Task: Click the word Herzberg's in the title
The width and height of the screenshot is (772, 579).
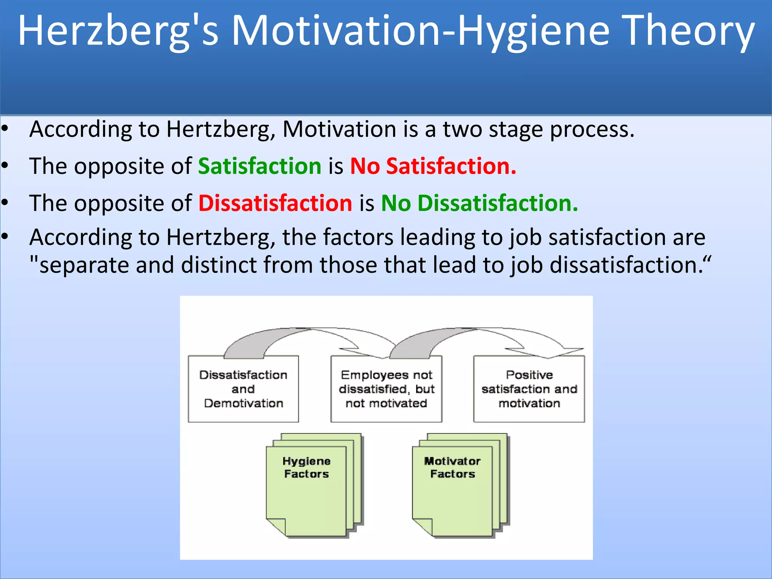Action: coord(118,31)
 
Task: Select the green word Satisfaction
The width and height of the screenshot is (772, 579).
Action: coord(260,166)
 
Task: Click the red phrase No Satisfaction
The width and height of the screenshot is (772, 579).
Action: coord(433,166)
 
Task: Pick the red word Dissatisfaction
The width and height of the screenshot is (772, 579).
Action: coord(275,203)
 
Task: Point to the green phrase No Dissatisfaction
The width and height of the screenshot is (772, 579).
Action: coord(479,203)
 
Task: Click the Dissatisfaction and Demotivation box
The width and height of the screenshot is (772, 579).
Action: coord(243,389)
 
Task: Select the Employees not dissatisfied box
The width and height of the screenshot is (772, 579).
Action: coord(386,389)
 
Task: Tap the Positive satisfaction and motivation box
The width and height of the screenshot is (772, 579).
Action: coord(529,389)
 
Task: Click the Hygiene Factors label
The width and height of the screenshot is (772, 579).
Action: coord(306,467)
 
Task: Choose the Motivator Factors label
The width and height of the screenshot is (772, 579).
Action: coord(452,467)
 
